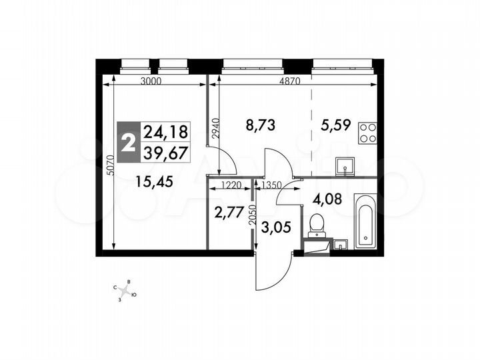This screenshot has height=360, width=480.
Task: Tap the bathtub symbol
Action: [x=366, y=221]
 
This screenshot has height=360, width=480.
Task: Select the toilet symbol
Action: [x=316, y=223]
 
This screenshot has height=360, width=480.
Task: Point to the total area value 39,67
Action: [x=166, y=152]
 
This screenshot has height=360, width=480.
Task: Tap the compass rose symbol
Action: [x=125, y=289]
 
